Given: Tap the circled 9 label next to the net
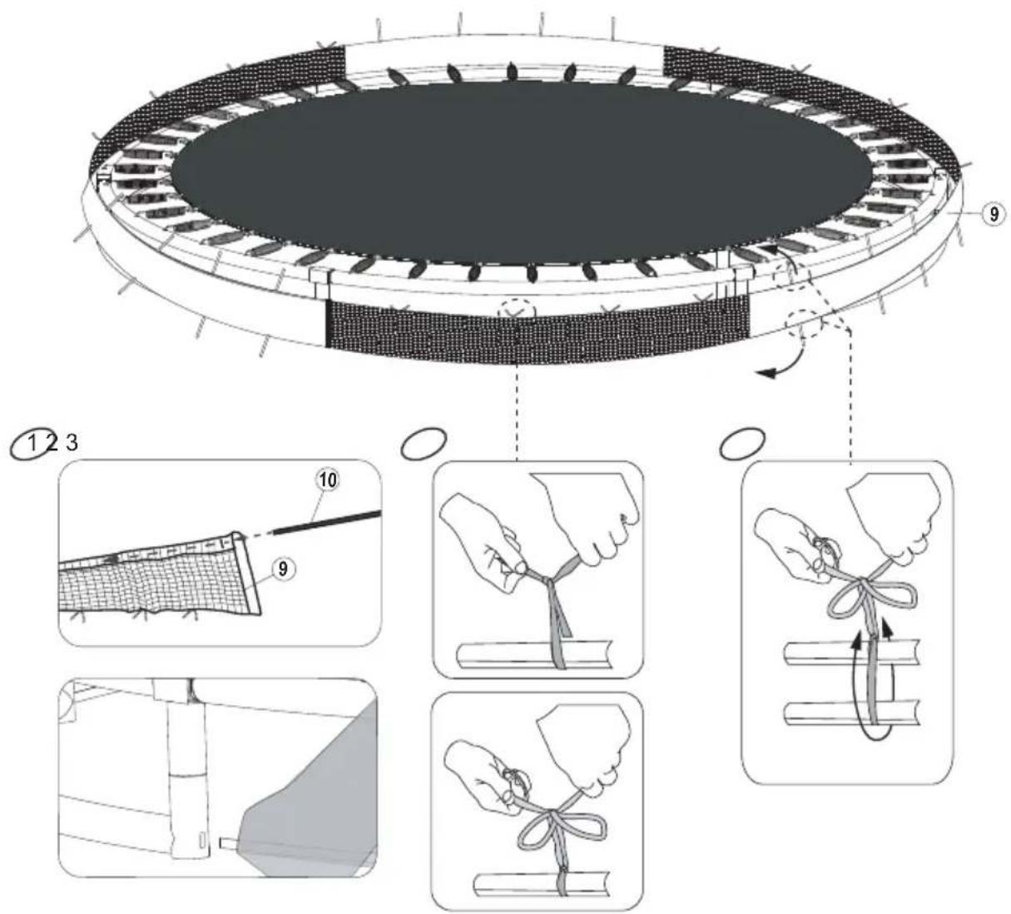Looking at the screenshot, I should pyautogui.click(x=283, y=568).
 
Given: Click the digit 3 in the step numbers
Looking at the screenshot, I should pyautogui.click(x=72, y=443).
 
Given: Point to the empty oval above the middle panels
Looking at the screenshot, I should pyautogui.click(x=424, y=444).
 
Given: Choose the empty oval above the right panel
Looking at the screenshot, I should pyautogui.click(x=742, y=444).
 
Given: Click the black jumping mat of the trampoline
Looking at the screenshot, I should pyautogui.click(x=522, y=171).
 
